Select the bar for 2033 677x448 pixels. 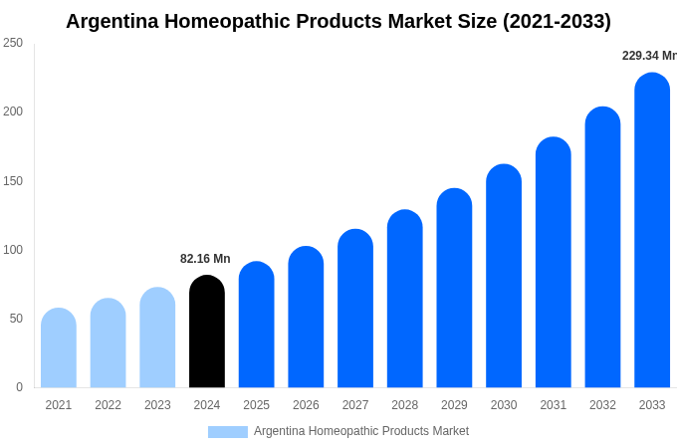[652, 230]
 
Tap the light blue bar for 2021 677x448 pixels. [59, 347]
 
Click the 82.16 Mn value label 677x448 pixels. [205, 259]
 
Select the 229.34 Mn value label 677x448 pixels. [649, 56]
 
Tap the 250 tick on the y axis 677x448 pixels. [13, 43]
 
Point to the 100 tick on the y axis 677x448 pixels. [13, 250]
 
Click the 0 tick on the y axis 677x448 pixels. [19, 387]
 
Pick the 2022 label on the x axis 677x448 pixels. [108, 405]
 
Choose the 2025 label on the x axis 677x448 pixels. [256, 405]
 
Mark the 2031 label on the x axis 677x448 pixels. [553, 405]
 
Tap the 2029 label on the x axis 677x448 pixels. [454, 405]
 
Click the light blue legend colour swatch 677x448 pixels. [227, 432]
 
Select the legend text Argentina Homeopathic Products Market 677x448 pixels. [361, 431]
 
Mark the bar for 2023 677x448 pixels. [157, 337]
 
